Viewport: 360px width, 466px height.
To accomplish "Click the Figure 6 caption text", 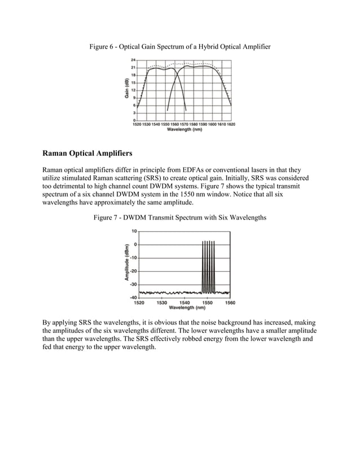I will click(179, 45).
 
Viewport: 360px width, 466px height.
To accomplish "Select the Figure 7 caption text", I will click(179, 217).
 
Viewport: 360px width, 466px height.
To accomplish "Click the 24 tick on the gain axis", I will click(133, 59).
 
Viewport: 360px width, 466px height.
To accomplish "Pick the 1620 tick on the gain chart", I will click(231, 124).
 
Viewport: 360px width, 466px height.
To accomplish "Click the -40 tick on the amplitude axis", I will click(133, 297).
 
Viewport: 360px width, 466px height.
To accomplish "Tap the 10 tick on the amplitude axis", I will click(134, 231).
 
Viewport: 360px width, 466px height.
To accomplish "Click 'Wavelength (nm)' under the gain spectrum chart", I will click(185, 130).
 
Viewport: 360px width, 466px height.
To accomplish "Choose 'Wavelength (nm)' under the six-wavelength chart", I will click(185, 308).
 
